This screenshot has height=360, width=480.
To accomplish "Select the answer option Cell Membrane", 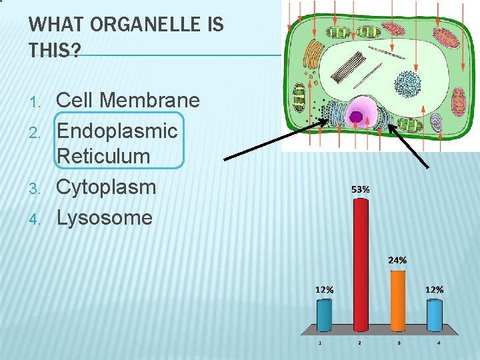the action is tap(128, 101).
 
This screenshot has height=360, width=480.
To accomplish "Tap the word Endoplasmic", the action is tap(117, 130).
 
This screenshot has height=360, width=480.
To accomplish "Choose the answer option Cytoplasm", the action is tap(106, 187).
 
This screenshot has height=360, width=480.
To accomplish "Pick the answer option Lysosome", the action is tap(105, 217).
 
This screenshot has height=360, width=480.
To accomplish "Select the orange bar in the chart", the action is tap(397, 299).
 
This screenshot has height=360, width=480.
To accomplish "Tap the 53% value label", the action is tap(361, 189).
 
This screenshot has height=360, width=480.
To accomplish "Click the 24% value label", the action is tap(397, 260).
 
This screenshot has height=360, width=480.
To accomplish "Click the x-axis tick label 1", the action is tap(321, 343).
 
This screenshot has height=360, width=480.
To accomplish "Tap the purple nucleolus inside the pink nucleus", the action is tap(357, 117).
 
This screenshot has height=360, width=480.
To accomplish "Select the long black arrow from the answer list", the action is tap(277, 140).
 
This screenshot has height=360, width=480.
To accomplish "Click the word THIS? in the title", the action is tap(54, 51).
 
